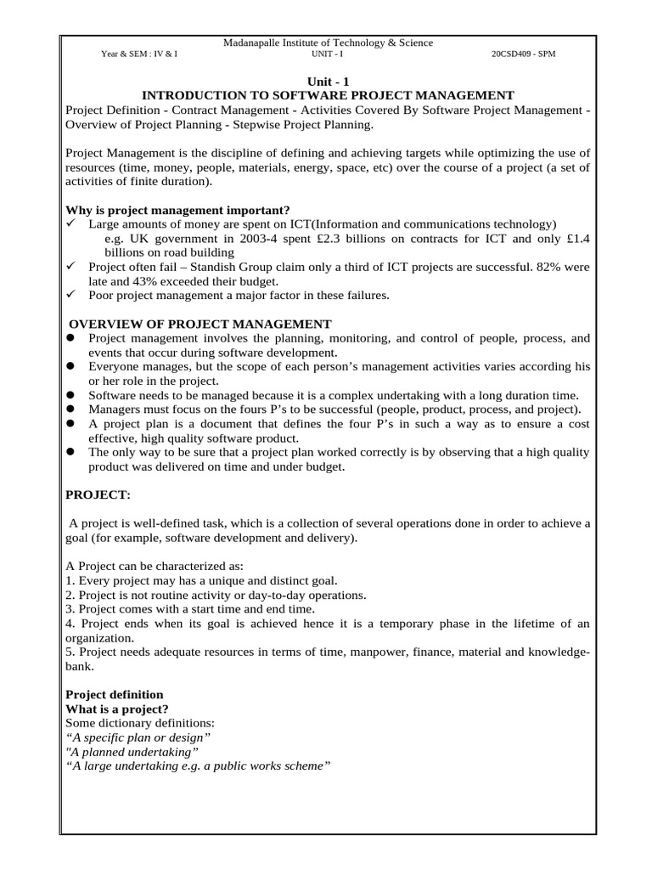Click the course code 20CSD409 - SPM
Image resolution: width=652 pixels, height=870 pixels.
click(524, 54)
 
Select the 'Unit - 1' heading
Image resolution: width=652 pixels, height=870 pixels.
click(327, 82)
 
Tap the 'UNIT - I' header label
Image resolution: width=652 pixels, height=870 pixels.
click(328, 54)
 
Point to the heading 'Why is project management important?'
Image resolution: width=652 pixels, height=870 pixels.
click(177, 210)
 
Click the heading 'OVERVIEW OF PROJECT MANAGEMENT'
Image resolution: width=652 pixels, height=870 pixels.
click(200, 324)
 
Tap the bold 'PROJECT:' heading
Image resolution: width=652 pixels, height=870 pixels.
click(98, 494)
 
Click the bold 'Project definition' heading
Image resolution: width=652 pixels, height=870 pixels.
click(115, 694)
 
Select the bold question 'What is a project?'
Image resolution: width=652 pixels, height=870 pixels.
click(117, 709)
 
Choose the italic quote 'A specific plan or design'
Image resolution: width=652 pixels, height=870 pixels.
click(138, 737)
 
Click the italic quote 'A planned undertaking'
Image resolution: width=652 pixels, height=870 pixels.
click(132, 751)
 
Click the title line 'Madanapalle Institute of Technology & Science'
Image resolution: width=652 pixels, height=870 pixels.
click(328, 42)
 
